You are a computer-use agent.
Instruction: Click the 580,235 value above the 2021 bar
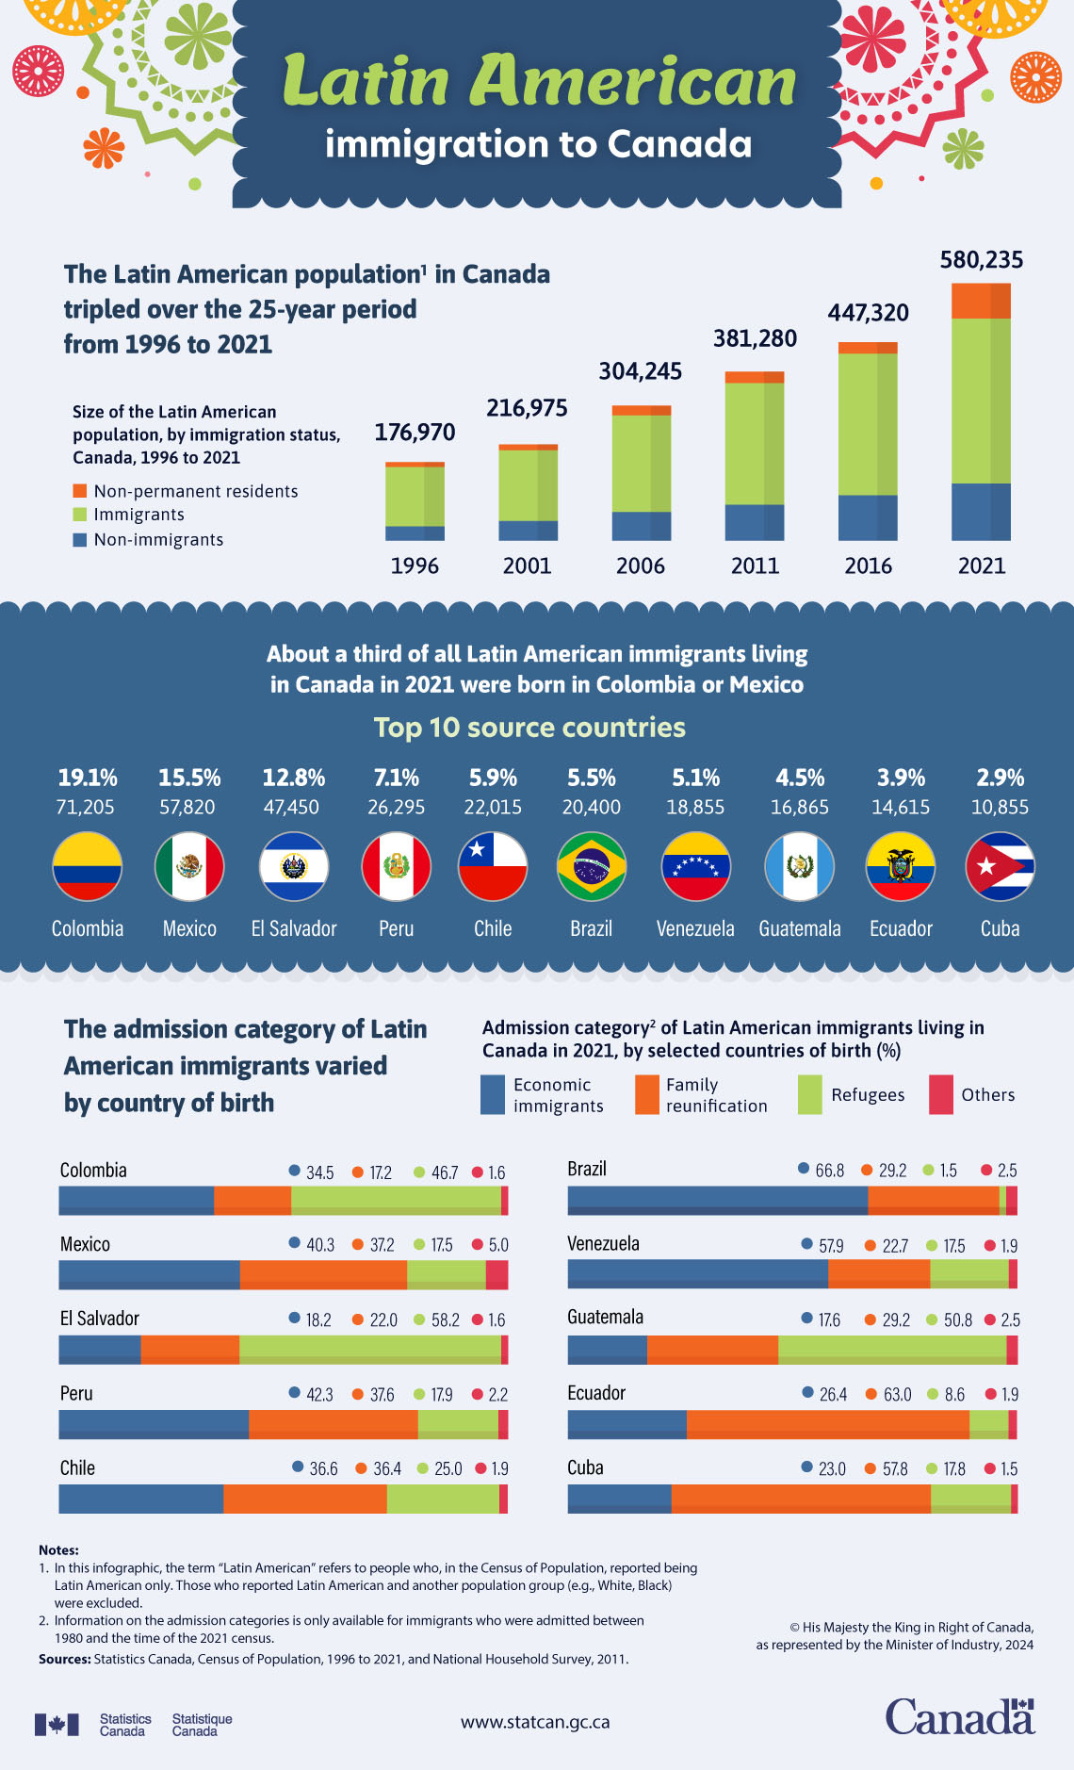pyautogui.click(x=981, y=260)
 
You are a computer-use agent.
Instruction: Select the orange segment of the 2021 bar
pyautogui.click(x=981, y=301)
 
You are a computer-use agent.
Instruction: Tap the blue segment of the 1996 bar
pyautogui.click(x=415, y=533)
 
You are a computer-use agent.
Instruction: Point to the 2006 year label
pyautogui.click(x=641, y=565)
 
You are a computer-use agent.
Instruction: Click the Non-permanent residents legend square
pyautogui.click(x=80, y=491)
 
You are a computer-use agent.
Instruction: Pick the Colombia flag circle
pyautogui.click(x=87, y=866)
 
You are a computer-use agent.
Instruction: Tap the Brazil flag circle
pyautogui.click(x=592, y=866)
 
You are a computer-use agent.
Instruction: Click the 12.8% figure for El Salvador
pyautogui.click(x=294, y=778)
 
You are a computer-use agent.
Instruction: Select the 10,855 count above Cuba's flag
pyautogui.click(x=1000, y=808)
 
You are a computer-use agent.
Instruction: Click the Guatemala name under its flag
pyautogui.click(x=800, y=928)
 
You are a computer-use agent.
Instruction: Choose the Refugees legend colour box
pyautogui.click(x=809, y=1094)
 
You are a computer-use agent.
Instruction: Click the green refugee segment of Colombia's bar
pyautogui.click(x=396, y=1201)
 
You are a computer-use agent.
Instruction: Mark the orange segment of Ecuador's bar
pyautogui.click(x=827, y=1425)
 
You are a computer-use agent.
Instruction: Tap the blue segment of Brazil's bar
pyautogui.click(x=717, y=1201)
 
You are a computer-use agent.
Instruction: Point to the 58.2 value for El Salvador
pyautogui.click(x=445, y=1320)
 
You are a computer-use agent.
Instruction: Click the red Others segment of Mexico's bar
pyautogui.click(x=496, y=1275)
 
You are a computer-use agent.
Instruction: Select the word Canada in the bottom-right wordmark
pyautogui.click(x=958, y=1717)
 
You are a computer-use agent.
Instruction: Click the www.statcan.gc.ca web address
pyautogui.click(x=535, y=1722)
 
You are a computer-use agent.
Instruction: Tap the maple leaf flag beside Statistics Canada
pyautogui.click(x=57, y=1724)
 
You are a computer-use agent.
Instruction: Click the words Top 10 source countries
pyautogui.click(x=529, y=728)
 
